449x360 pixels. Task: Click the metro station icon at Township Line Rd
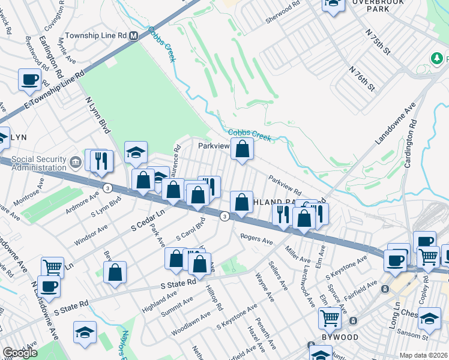click(134, 36)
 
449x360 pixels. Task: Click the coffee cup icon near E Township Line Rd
click(29, 79)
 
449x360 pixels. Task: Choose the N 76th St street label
click(362, 79)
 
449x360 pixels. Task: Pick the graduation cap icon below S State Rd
click(85, 332)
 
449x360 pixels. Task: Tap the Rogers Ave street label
click(257, 239)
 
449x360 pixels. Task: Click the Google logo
click(20, 353)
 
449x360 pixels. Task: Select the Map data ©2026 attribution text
click(423, 355)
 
